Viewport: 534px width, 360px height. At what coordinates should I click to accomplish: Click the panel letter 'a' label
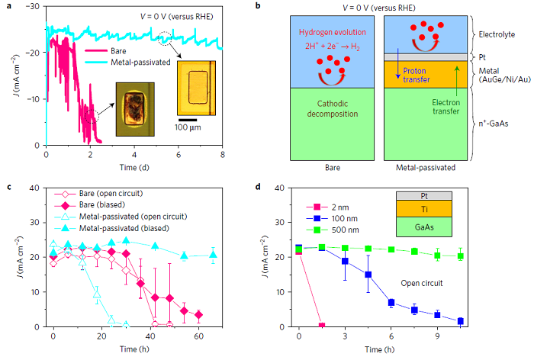5,6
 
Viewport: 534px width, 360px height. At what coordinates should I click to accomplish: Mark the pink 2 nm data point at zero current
322,326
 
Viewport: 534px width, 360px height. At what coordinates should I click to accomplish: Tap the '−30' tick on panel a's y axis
31,7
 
